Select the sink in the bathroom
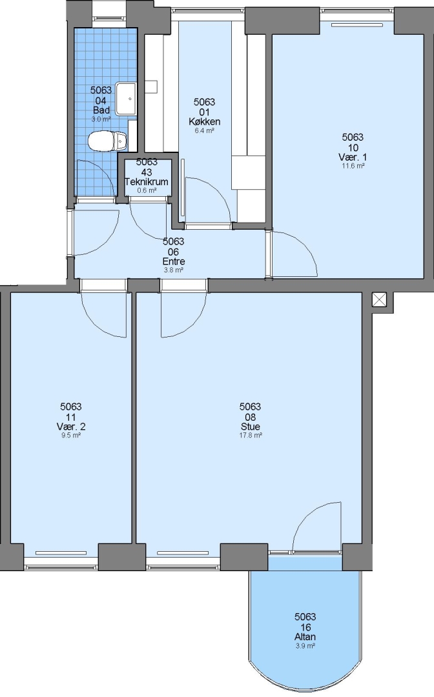pyautogui.click(x=127, y=98)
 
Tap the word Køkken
pyautogui.click(x=205, y=122)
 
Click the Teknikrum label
pyautogui.click(x=147, y=182)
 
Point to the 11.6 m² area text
pyautogui.click(x=353, y=166)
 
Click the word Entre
pyautogui.click(x=174, y=261)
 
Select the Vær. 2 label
pyautogui.click(x=71, y=427)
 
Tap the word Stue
pyautogui.click(x=251, y=427)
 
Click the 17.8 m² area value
pyautogui.click(x=251, y=435)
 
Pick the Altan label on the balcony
pyautogui.click(x=305, y=637)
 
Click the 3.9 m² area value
pyautogui.click(x=305, y=646)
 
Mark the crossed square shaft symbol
pyautogui.click(x=379, y=299)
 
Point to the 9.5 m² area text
pyautogui.click(x=71, y=435)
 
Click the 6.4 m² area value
pyautogui.click(x=205, y=130)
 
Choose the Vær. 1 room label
pyautogui.click(x=353, y=157)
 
